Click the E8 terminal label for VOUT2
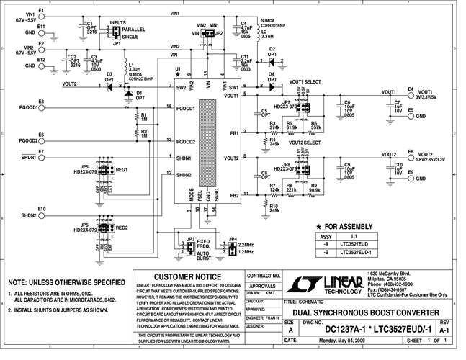(411, 151)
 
